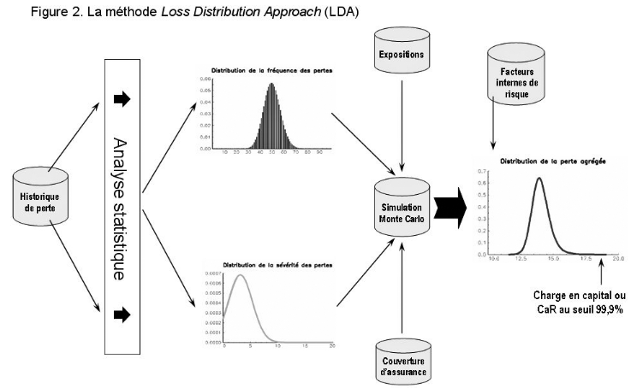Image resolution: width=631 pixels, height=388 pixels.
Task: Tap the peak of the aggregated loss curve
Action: pyautogui.click(x=539, y=178)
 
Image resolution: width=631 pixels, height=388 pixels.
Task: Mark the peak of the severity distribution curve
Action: pyautogui.click(x=241, y=276)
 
